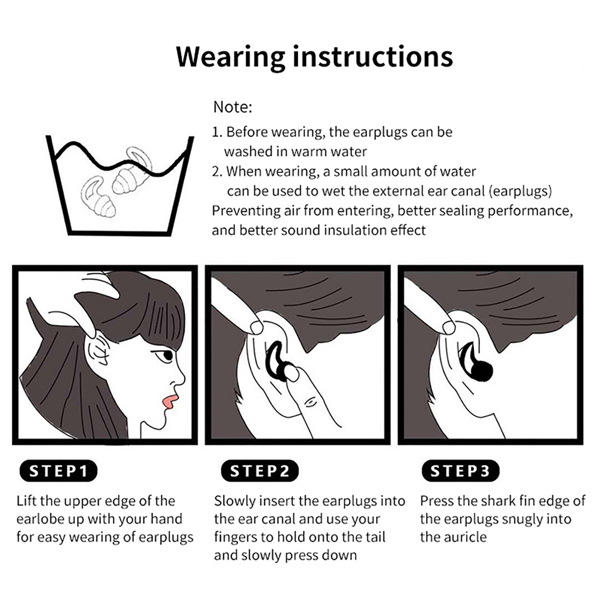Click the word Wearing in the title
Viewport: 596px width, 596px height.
pos(231,57)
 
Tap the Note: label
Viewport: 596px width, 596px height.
pos(233,107)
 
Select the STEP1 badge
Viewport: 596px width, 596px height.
pos(58,471)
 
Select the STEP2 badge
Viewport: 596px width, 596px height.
pos(260,471)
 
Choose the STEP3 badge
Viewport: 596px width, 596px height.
pos(460,471)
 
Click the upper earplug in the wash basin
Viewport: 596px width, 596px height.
pos(132,171)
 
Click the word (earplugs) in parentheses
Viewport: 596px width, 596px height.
pos(520,191)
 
